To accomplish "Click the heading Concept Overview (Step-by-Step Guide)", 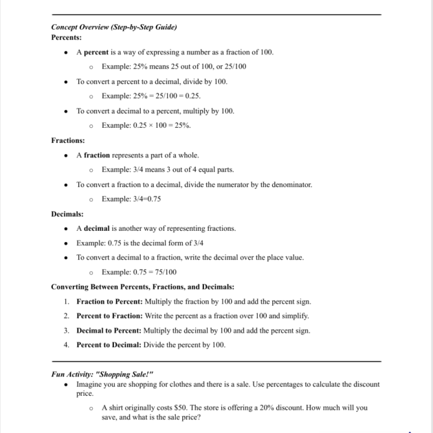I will [x=114, y=27].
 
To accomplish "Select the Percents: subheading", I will [x=67, y=37].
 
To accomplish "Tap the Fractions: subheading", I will [x=68, y=140].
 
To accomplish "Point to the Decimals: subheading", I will [x=67, y=214].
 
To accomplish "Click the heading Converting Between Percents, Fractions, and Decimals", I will [x=143, y=287].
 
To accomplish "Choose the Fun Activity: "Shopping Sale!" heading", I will [x=102, y=374].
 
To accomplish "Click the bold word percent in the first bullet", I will [x=96, y=52].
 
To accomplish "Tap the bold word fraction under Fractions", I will [x=97, y=155].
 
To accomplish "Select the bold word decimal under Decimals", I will [x=97, y=228].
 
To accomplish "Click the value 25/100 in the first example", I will [x=234, y=67].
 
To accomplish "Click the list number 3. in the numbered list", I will [x=67, y=331].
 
